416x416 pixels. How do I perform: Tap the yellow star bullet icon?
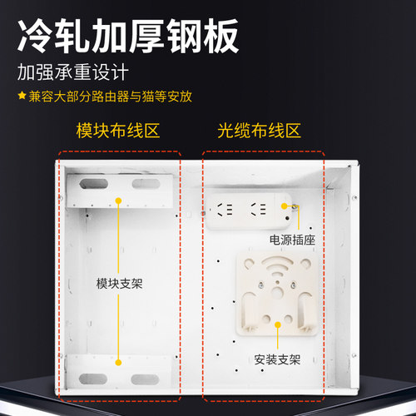[22, 96]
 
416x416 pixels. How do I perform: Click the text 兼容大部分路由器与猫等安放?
[111, 96]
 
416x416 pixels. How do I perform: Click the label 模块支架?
[120, 283]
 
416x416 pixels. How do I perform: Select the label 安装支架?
[278, 360]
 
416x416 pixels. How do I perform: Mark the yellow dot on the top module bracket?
[120, 201]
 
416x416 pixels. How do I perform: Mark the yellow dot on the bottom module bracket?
[120, 362]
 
